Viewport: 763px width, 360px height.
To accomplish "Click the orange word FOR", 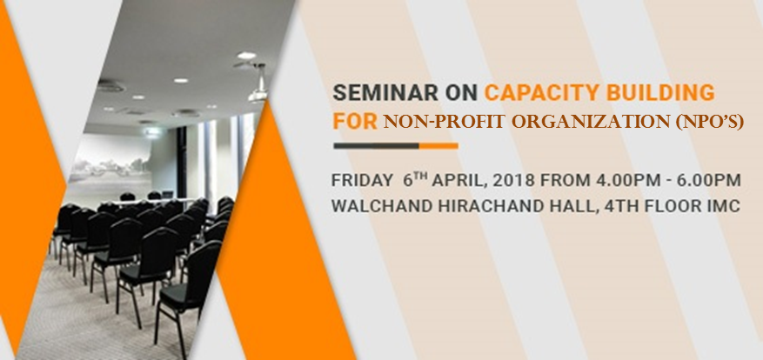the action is pyautogui.click(x=355, y=121).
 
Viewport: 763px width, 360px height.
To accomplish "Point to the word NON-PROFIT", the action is pyautogui.click(x=444, y=122).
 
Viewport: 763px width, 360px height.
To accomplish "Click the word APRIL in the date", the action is pyautogui.click(x=459, y=181).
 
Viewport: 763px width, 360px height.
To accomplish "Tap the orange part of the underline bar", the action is pyautogui.click(x=438, y=146).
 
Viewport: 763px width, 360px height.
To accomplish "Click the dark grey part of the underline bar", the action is pyautogui.click(x=376, y=146).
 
